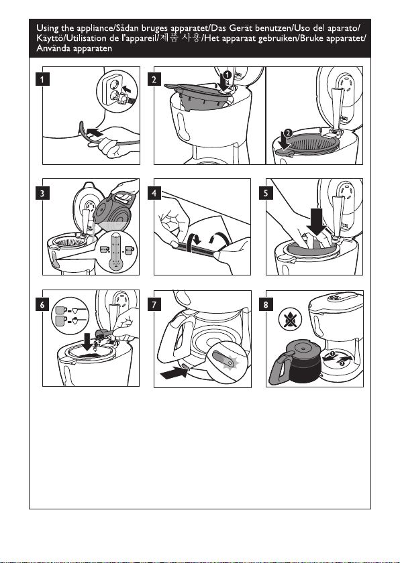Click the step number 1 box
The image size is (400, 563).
(42, 79)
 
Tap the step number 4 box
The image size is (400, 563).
(154, 193)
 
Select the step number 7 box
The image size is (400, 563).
(154, 305)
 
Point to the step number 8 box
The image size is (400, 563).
(266, 305)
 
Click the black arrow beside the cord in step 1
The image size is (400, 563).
(95, 132)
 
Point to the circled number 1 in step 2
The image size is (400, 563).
(227, 74)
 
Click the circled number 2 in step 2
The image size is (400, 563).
(287, 133)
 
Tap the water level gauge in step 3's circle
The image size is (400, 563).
(115, 252)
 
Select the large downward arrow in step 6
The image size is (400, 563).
(87, 341)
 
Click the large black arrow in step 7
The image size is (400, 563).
(174, 373)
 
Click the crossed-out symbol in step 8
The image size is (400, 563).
(290, 319)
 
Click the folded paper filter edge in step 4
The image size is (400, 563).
(196, 249)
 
